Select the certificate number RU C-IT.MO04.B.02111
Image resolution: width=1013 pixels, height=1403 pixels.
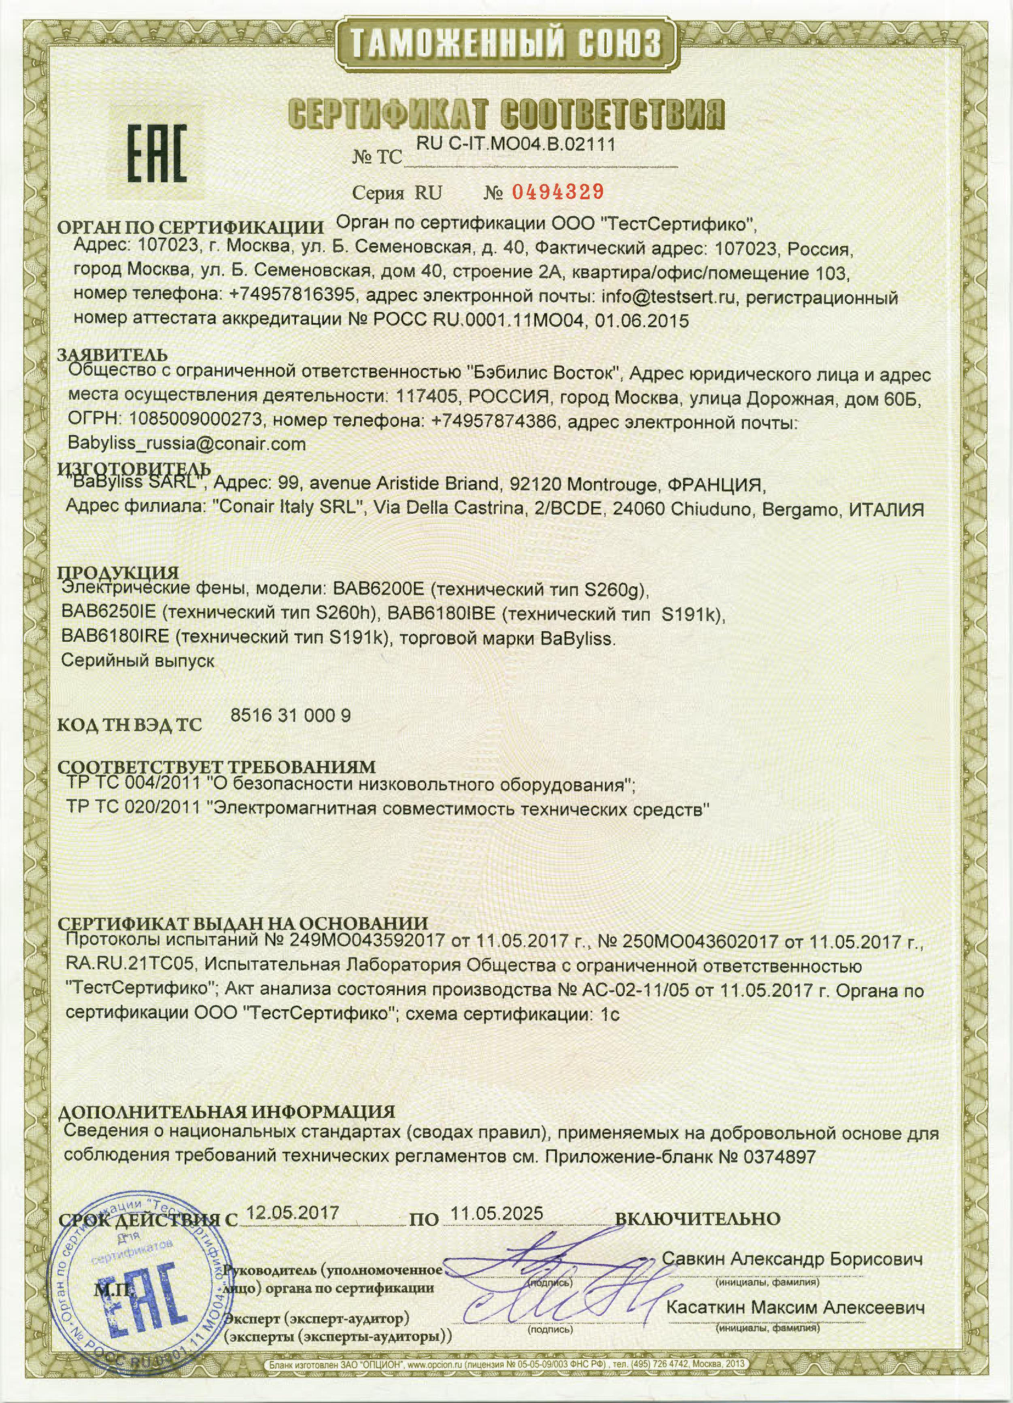(516, 144)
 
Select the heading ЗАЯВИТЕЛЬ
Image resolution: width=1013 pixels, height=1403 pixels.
(112, 356)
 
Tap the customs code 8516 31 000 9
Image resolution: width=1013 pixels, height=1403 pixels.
(291, 715)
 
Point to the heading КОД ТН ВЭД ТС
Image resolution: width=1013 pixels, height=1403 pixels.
(130, 724)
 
